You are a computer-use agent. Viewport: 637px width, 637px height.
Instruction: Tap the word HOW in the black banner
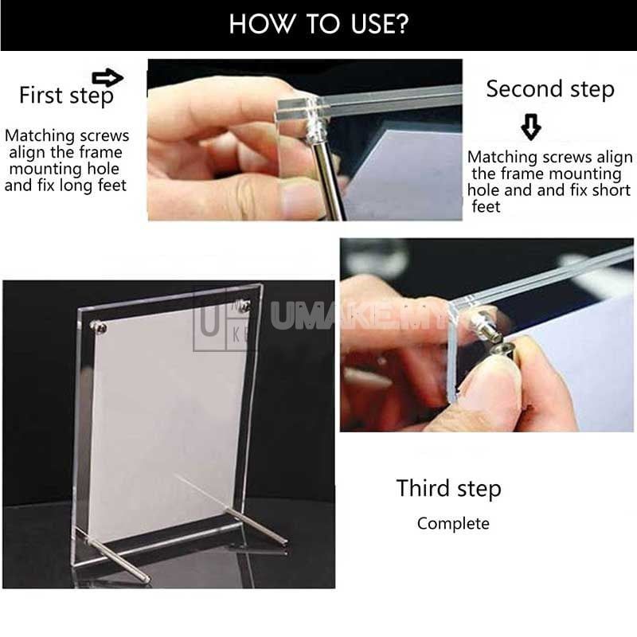pyautogui.click(x=254, y=24)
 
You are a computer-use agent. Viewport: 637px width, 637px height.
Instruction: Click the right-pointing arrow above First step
pyautogui.click(x=108, y=77)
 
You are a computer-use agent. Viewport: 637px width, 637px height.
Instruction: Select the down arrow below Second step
pyautogui.click(x=530, y=126)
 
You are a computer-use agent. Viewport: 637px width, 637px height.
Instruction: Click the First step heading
pyautogui.click(x=66, y=96)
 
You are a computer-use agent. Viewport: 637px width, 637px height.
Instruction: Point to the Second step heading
pyautogui.click(x=550, y=89)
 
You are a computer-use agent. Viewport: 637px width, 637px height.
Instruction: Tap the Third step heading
pyautogui.click(x=448, y=488)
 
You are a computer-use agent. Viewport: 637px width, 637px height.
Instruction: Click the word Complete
pyautogui.click(x=453, y=523)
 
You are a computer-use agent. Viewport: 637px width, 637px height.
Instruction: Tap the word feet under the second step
pyautogui.click(x=486, y=207)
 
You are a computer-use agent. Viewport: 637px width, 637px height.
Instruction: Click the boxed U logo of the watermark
pyautogui.click(x=208, y=318)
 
